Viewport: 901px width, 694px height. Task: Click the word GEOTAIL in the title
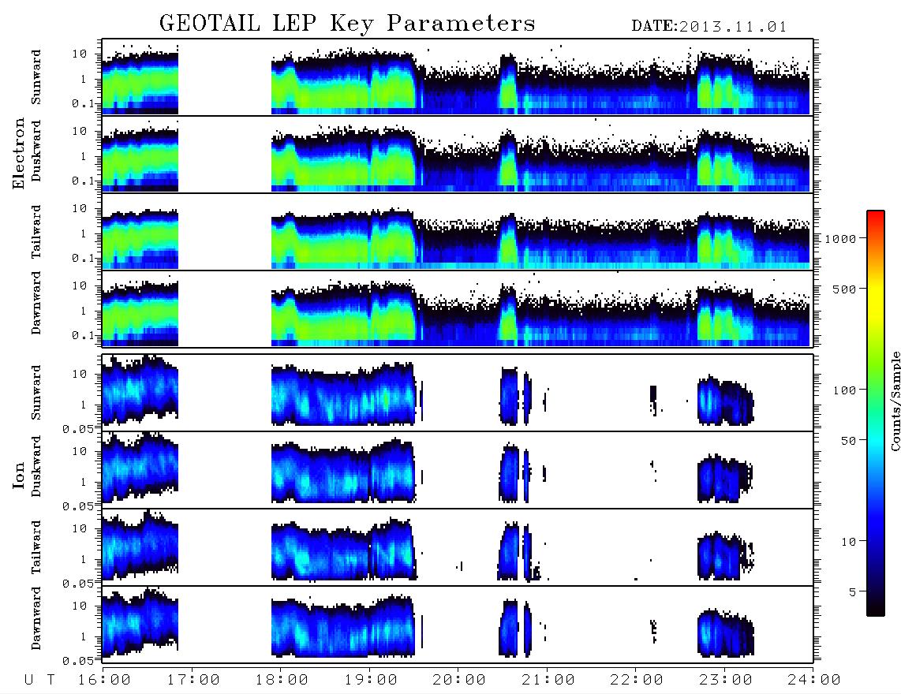[210, 24]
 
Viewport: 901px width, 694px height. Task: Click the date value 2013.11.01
[733, 27]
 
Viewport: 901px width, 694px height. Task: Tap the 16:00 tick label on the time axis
[105, 681]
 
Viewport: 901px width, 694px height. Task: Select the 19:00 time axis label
[371, 681]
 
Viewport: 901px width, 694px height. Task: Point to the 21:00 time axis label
[548, 681]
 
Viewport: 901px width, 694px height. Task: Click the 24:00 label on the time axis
[814, 681]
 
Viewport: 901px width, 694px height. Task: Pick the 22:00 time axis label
[637, 681]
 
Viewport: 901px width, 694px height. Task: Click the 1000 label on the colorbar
[841, 239]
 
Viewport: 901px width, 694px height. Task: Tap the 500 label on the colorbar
[845, 289]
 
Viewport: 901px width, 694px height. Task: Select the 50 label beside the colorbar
[849, 441]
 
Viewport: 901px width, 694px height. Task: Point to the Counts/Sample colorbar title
[895, 401]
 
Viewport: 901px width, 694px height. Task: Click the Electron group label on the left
[18, 154]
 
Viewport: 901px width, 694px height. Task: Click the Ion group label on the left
[18, 475]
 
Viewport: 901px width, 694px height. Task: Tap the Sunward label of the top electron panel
[36, 77]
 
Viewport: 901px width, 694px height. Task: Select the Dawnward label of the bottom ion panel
[36, 618]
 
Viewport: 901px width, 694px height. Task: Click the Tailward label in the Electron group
[36, 232]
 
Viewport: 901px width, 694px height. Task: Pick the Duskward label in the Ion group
[36, 467]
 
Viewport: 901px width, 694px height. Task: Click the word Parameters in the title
[461, 24]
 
